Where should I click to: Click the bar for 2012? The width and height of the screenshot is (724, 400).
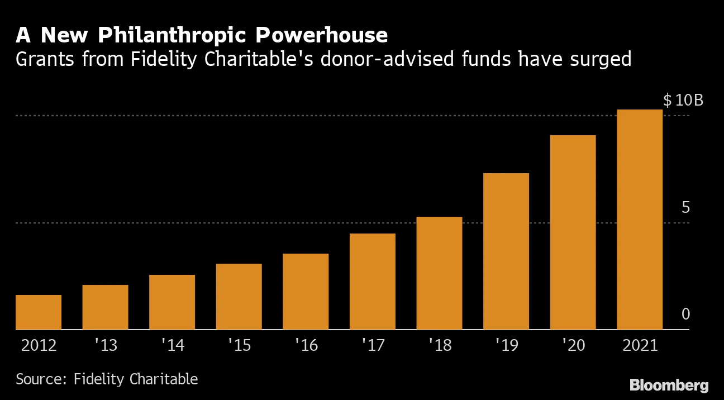click(x=39, y=312)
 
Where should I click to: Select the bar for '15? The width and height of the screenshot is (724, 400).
click(x=239, y=297)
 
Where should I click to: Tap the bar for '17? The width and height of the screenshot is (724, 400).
click(x=372, y=282)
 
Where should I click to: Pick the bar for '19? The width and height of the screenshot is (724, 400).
click(x=506, y=251)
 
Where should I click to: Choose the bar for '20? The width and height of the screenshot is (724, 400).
click(x=573, y=232)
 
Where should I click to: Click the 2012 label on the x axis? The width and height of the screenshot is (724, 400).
click(x=39, y=345)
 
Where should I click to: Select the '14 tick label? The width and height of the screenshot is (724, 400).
click(x=172, y=345)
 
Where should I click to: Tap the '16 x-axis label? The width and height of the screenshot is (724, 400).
click(x=306, y=345)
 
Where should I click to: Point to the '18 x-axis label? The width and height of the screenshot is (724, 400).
click(x=439, y=345)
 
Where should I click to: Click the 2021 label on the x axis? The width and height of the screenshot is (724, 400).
click(x=640, y=345)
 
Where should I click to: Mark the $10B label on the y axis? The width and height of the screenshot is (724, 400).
click(x=683, y=101)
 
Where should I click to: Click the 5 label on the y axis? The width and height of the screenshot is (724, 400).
click(x=685, y=207)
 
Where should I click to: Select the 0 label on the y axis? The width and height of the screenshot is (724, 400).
click(x=685, y=315)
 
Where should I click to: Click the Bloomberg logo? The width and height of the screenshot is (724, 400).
click(x=669, y=385)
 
